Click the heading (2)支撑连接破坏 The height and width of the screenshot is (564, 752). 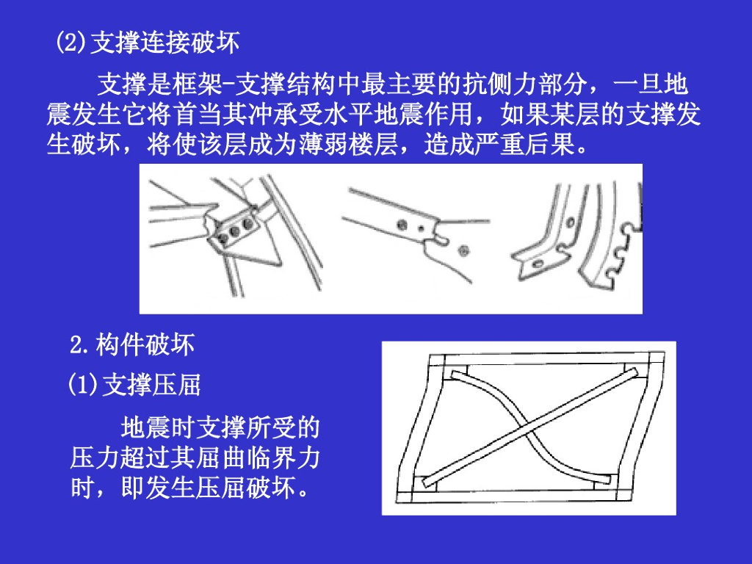coord(148,43)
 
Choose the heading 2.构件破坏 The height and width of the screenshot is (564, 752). coord(132,344)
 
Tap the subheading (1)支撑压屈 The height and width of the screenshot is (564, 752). coord(134,385)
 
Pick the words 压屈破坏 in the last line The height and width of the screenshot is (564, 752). coord(245,488)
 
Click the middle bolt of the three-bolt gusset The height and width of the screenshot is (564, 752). coord(234,231)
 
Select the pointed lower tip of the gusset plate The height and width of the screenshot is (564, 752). coord(278,264)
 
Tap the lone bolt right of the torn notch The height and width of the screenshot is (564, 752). coord(463,250)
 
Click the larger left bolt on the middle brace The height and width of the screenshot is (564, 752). coord(402,224)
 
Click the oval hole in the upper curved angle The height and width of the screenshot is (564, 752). coord(571,223)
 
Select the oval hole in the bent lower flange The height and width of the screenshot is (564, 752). coord(538,264)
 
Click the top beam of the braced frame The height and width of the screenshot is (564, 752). coord(546,360)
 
